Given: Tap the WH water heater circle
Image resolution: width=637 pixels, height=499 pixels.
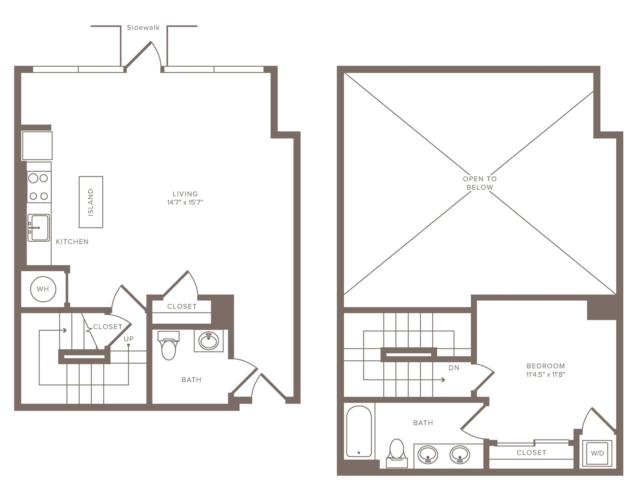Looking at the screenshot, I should tap(43, 289).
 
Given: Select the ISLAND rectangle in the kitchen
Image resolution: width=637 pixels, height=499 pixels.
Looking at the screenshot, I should tap(91, 202).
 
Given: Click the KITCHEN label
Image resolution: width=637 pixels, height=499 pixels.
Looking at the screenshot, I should tap(72, 242).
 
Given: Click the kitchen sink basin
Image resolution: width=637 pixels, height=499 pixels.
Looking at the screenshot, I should tap(40, 228).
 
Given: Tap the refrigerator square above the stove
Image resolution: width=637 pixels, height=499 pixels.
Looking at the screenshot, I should tap(37, 146).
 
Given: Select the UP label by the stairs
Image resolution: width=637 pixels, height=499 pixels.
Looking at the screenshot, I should tap(129, 339).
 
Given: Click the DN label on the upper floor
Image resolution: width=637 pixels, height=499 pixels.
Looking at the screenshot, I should tap(454, 368).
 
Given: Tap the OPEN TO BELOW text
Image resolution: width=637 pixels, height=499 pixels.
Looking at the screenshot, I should tap(479, 183).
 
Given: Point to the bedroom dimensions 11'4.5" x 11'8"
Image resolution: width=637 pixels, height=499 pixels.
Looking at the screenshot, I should tap(545, 374).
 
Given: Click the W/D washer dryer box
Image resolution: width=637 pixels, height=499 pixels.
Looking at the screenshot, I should tap(597, 453).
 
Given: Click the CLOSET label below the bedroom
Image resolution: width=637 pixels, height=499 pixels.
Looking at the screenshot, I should tap(531, 453).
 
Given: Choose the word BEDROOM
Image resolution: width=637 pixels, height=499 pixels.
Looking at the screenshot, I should tap(545, 366).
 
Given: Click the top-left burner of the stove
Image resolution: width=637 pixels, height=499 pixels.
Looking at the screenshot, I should tap(33, 178).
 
